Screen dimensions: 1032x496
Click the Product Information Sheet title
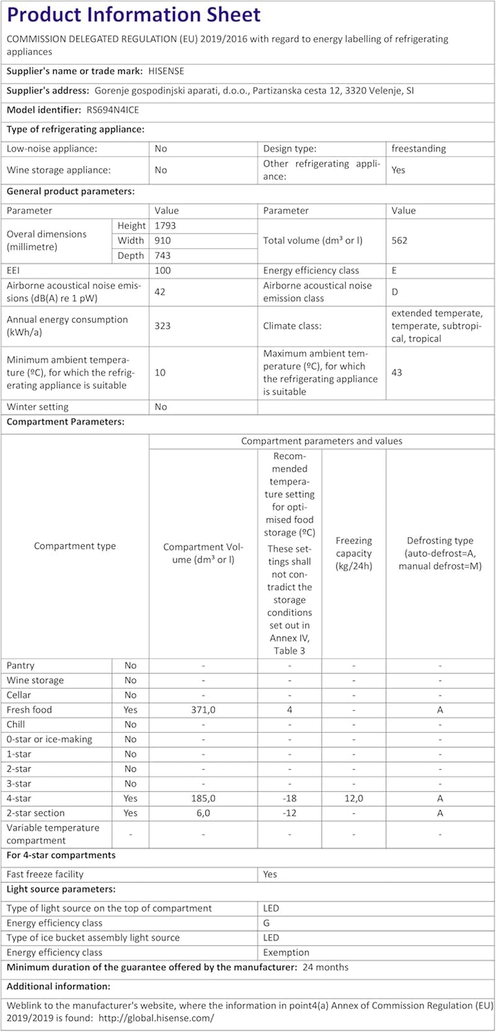(x=134, y=14)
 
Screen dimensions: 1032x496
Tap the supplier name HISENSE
(x=166, y=71)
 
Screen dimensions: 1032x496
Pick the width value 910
(x=163, y=240)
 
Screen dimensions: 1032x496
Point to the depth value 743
(x=163, y=255)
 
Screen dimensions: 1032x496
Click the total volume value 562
(x=400, y=240)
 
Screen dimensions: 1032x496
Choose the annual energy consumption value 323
(x=163, y=326)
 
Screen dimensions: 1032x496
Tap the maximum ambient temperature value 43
(x=397, y=372)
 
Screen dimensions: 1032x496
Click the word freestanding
(x=418, y=149)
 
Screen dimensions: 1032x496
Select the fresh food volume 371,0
(x=203, y=710)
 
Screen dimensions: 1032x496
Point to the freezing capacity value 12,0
(x=353, y=798)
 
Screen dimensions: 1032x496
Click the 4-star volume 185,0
(x=203, y=798)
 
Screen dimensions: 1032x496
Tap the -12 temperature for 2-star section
(x=290, y=813)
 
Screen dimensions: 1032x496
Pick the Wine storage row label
(x=35, y=680)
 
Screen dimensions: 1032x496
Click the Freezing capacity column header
(x=353, y=553)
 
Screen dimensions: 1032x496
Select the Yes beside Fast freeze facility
(x=270, y=874)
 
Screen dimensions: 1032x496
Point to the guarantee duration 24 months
(x=325, y=967)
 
